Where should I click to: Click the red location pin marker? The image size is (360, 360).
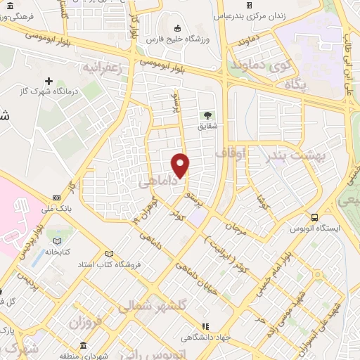coord(181,165)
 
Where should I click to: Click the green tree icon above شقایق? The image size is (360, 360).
coord(207,115)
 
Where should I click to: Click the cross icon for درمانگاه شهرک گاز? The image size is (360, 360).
coord(49,82)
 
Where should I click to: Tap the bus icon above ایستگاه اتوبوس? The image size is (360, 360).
coord(314,217)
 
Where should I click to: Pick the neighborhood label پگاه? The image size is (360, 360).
coord(297,85)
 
